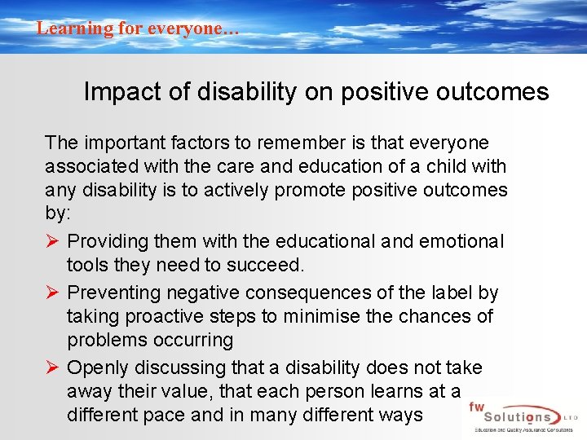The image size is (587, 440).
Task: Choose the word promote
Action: tap(287, 191)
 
